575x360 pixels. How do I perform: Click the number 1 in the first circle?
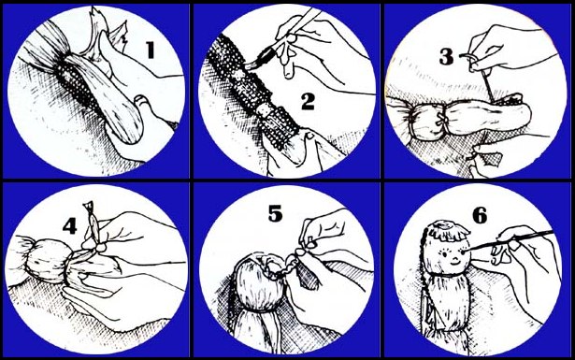[150, 50]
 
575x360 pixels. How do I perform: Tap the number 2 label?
[308, 102]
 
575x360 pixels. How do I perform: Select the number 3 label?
[446, 57]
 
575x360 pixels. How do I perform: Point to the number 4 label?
[70, 226]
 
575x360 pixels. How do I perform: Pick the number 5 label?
[276, 213]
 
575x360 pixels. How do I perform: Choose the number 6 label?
[480, 215]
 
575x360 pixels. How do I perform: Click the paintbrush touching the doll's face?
[510, 240]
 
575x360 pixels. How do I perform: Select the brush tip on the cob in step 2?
[252, 65]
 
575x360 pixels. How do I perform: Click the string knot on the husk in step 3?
[440, 119]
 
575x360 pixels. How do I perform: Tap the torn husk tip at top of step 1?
[97, 19]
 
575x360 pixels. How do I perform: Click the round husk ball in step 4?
[47, 261]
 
